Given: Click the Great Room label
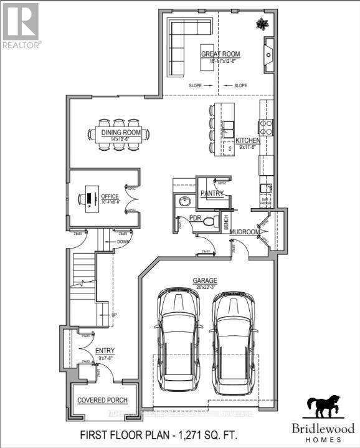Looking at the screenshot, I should click(220, 54).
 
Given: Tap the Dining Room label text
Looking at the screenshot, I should click(122, 132).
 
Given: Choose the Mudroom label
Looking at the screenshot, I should click(245, 232).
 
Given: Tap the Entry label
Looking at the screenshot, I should click(103, 351).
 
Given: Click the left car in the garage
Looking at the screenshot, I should click(178, 341).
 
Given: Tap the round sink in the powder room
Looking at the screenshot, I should click(184, 202).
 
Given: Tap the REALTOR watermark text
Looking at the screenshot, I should click(22, 45).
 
